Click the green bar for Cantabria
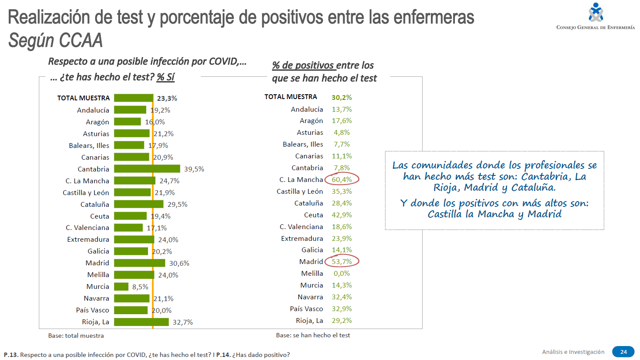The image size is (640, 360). pos(147,168)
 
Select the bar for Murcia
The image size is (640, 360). pos(121,287)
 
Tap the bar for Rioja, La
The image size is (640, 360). pos(141,322)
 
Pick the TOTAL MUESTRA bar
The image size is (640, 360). pos(134,98)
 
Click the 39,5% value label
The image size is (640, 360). pos(194,169)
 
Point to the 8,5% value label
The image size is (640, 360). pos(140,287)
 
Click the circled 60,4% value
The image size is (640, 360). pos(342,179)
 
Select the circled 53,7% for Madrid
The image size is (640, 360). pos(342,261)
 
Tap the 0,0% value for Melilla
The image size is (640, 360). pos(342,274)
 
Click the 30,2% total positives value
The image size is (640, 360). pos(342,97)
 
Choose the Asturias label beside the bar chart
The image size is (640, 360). pos(96,134)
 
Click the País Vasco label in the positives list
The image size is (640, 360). pos(306,309)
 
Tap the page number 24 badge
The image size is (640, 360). pos(623,352)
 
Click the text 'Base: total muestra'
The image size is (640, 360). pos(76,336)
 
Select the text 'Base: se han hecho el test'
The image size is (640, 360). pos(313,335)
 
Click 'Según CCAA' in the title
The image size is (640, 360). pos(55,41)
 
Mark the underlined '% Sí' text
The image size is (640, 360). pos(166,77)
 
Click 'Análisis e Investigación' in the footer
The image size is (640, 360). pos(573,352)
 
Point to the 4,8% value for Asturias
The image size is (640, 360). pos(342,133)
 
